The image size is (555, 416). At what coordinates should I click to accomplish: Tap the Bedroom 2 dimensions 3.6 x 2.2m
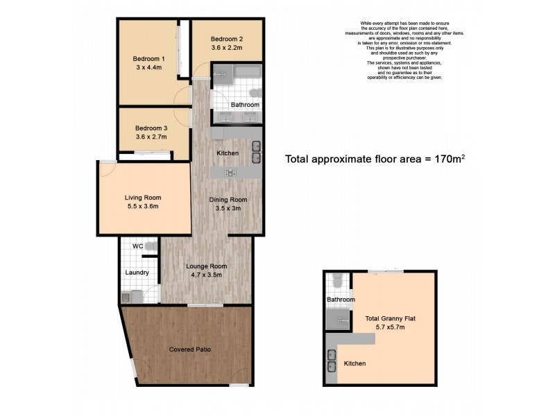(x=227, y=49)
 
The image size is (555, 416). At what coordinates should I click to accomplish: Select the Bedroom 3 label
(x=151, y=128)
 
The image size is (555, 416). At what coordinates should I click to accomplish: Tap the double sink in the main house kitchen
(x=255, y=152)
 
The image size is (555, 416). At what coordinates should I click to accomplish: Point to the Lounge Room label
(x=206, y=266)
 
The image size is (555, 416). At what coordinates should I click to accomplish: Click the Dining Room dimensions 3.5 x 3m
(x=228, y=209)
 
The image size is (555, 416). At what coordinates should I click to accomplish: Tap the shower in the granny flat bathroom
(x=339, y=318)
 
